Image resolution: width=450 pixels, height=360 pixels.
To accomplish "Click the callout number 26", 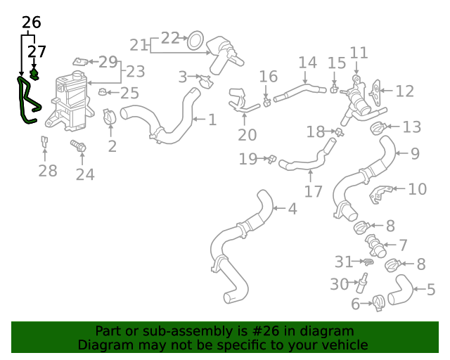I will tap(31, 22).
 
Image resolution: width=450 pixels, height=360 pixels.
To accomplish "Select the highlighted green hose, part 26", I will tap(27, 103).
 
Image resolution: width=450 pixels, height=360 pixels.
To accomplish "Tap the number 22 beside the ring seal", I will tap(171, 38).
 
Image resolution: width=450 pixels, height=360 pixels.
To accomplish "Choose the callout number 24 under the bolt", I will tap(84, 174).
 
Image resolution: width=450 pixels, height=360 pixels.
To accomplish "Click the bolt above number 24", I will tap(78, 148).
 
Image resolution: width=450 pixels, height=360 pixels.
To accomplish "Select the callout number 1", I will tap(212, 120).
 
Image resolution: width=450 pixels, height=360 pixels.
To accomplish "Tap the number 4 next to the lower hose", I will tap(292, 208).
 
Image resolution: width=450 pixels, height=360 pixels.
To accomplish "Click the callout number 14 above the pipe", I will tap(307, 63).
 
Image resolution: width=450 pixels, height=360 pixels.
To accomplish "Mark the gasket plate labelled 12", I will tap(378, 91).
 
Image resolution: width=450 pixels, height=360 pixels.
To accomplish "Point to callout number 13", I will tap(411, 127).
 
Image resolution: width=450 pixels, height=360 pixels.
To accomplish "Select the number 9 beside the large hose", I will tap(415, 153).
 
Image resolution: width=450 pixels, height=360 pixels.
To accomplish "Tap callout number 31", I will tap(343, 262).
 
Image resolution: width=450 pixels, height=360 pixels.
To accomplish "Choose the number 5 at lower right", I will tap(431, 289).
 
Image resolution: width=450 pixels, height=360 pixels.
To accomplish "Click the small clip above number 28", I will tap(44, 142).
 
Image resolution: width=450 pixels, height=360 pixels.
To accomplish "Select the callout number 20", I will tap(247, 135).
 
